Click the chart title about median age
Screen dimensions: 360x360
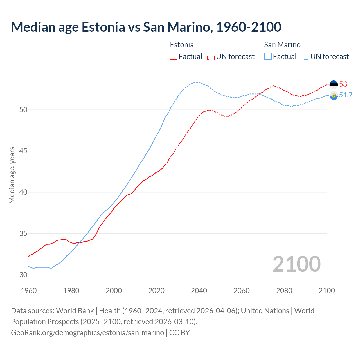pos(146,27)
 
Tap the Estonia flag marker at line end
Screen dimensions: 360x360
pos(334,84)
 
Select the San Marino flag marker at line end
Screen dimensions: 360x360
pos(334,95)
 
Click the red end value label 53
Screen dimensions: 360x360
pos(343,84)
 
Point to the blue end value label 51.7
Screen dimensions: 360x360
pos(346,95)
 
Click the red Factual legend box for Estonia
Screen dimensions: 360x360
pos(174,57)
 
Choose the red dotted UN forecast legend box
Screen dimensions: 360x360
pos(211,57)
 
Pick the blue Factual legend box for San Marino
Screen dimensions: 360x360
pos(268,57)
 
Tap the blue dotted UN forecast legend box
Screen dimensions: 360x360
pos(305,57)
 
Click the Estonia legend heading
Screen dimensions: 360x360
pos(182,45)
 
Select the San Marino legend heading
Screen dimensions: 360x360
pos(282,45)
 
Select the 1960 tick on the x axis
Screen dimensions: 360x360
pos(29,291)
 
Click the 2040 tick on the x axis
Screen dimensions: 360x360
pos(199,291)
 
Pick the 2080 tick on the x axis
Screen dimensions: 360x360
pos(284,291)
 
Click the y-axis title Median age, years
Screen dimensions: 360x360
pos(12,175)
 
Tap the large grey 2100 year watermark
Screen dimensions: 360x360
pos(296,264)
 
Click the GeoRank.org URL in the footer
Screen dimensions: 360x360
pos(87,332)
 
